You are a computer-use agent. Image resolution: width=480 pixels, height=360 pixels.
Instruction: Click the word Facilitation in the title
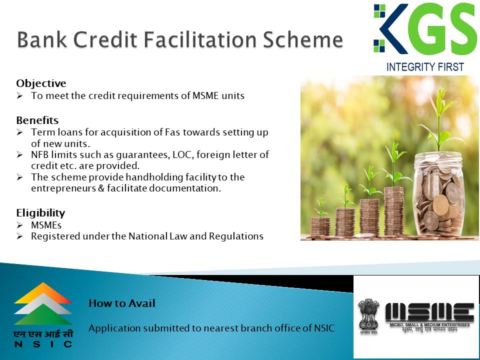tap(200, 39)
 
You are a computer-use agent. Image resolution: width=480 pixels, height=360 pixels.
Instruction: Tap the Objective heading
tap(41, 83)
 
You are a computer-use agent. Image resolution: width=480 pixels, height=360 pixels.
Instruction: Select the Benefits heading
tap(37, 120)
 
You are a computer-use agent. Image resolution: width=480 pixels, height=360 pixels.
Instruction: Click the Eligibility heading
tap(40, 213)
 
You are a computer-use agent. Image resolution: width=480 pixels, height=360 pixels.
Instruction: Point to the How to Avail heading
tap(122, 303)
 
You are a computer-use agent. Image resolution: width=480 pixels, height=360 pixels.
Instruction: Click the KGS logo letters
tap(425, 29)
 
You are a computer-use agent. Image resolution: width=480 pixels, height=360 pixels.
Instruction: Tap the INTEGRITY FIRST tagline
tap(425, 66)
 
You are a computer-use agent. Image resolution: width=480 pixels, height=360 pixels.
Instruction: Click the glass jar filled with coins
tap(439, 194)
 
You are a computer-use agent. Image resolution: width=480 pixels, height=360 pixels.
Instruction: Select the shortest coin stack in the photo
tap(320, 226)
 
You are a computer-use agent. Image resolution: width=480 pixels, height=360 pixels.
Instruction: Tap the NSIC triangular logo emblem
tap(43, 303)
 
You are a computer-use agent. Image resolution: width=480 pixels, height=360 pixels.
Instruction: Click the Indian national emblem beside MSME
tap(368, 316)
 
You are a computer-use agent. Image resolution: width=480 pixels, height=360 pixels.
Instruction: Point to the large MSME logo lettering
tap(429, 312)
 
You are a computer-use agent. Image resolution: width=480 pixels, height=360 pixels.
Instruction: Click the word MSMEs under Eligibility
tap(46, 225)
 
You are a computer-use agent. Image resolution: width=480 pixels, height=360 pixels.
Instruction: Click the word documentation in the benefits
tap(184, 188)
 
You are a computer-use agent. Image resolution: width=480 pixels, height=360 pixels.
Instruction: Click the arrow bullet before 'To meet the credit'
tap(19, 96)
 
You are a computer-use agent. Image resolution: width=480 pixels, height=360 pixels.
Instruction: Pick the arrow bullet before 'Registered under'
tap(19, 236)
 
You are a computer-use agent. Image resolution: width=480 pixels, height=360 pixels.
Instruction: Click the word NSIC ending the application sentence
tap(324, 328)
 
